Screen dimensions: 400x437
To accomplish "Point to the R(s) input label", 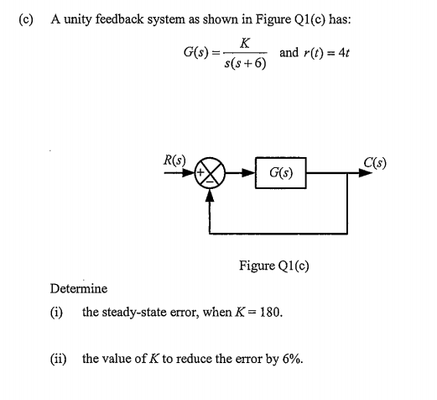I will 174,158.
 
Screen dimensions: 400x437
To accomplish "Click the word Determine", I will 79,289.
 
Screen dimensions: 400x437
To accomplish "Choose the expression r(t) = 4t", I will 326,53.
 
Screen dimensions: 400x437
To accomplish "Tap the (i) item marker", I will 59,313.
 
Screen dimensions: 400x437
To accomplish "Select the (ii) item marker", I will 60,360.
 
